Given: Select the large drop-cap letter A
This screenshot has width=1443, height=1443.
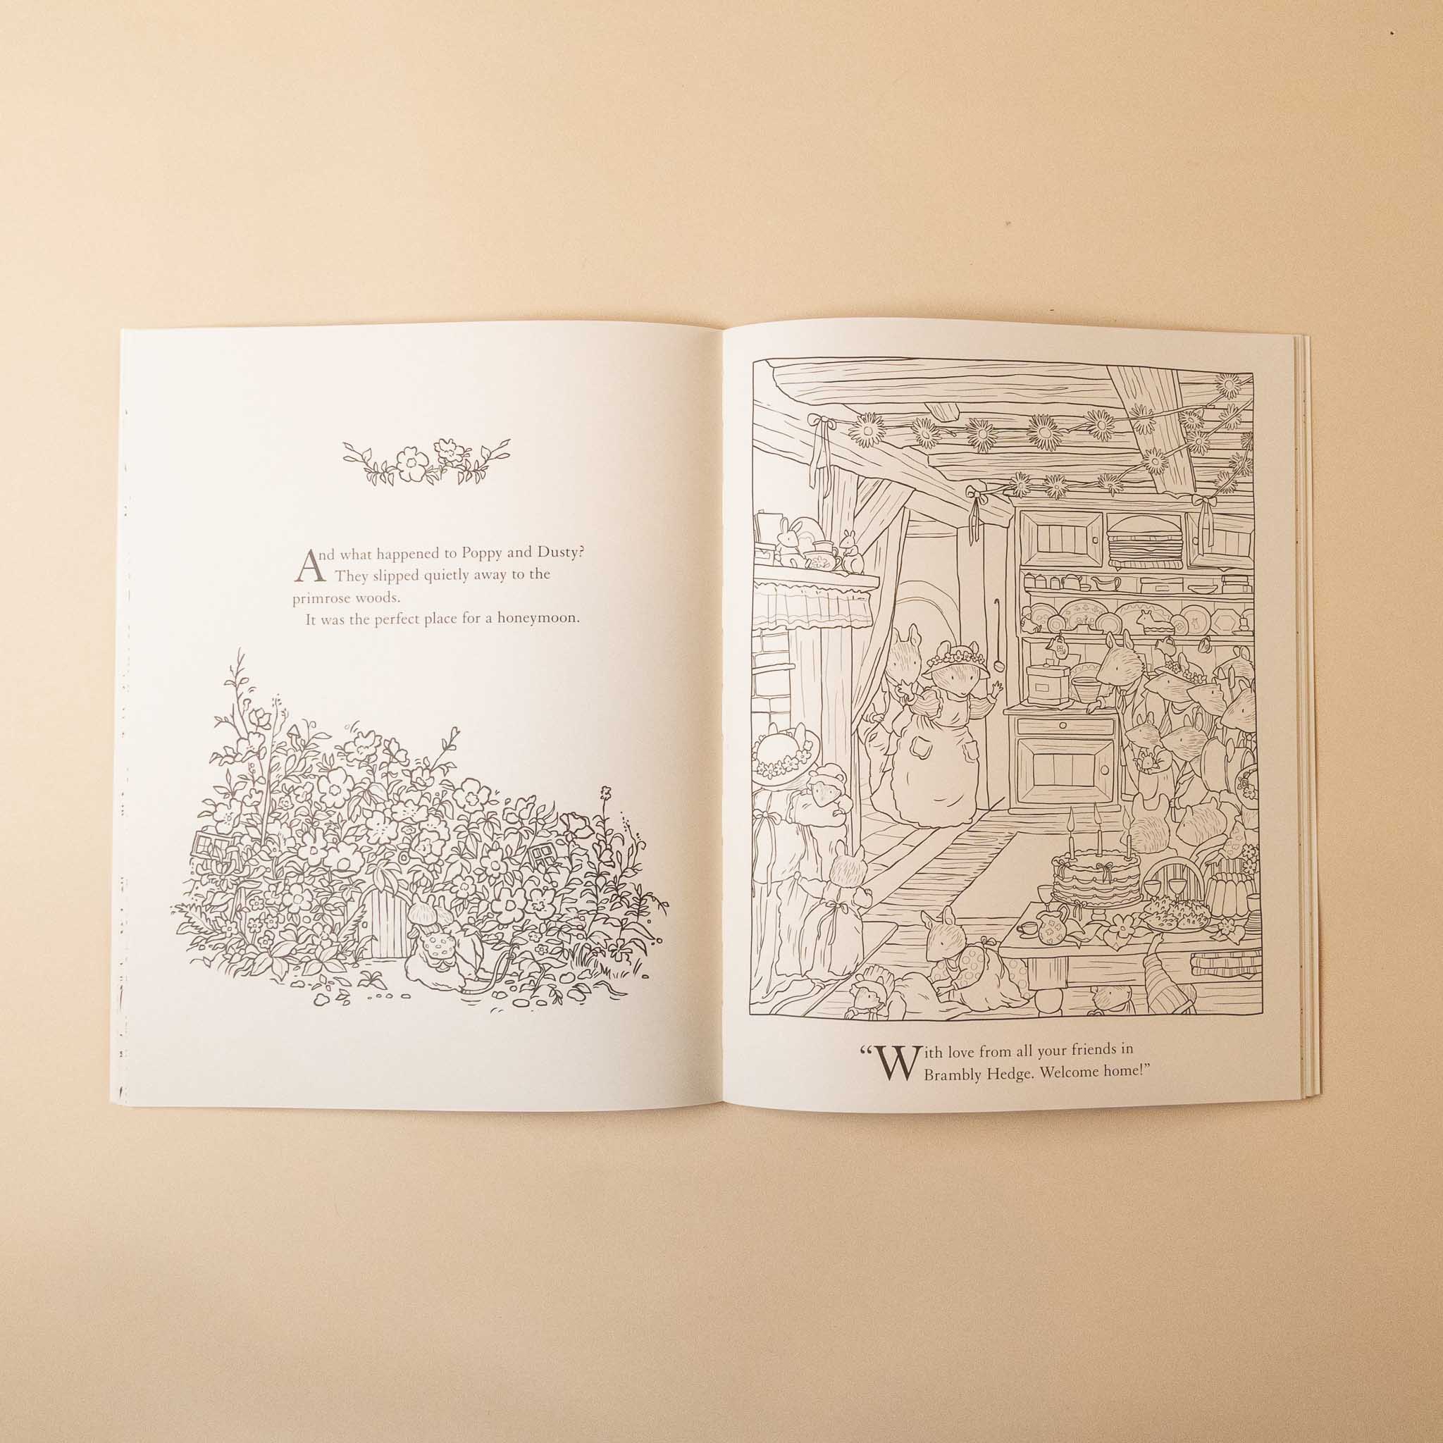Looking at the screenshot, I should pyautogui.click(x=311, y=568).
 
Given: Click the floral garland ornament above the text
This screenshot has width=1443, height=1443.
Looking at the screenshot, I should pyautogui.click(x=426, y=461).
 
